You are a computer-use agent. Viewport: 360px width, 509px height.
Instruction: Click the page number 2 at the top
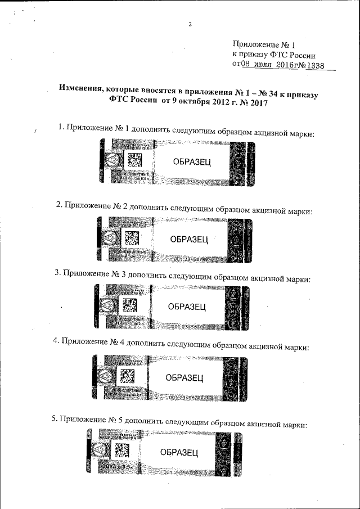pos(190,24)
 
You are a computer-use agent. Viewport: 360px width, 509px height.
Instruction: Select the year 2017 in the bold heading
pos(254,103)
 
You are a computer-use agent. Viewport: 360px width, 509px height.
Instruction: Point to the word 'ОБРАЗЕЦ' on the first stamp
pos(192,162)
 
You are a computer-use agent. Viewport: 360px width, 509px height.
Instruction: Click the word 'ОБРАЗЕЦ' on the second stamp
pos(189,240)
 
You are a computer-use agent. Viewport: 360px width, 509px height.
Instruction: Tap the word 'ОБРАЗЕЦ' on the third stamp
pos(187,307)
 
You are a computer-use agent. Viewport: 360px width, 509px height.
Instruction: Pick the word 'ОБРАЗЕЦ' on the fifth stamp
pos(179,452)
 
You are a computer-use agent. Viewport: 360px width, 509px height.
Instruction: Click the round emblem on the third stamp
pos(105,307)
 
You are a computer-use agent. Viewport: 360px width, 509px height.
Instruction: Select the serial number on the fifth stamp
pos(183,472)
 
